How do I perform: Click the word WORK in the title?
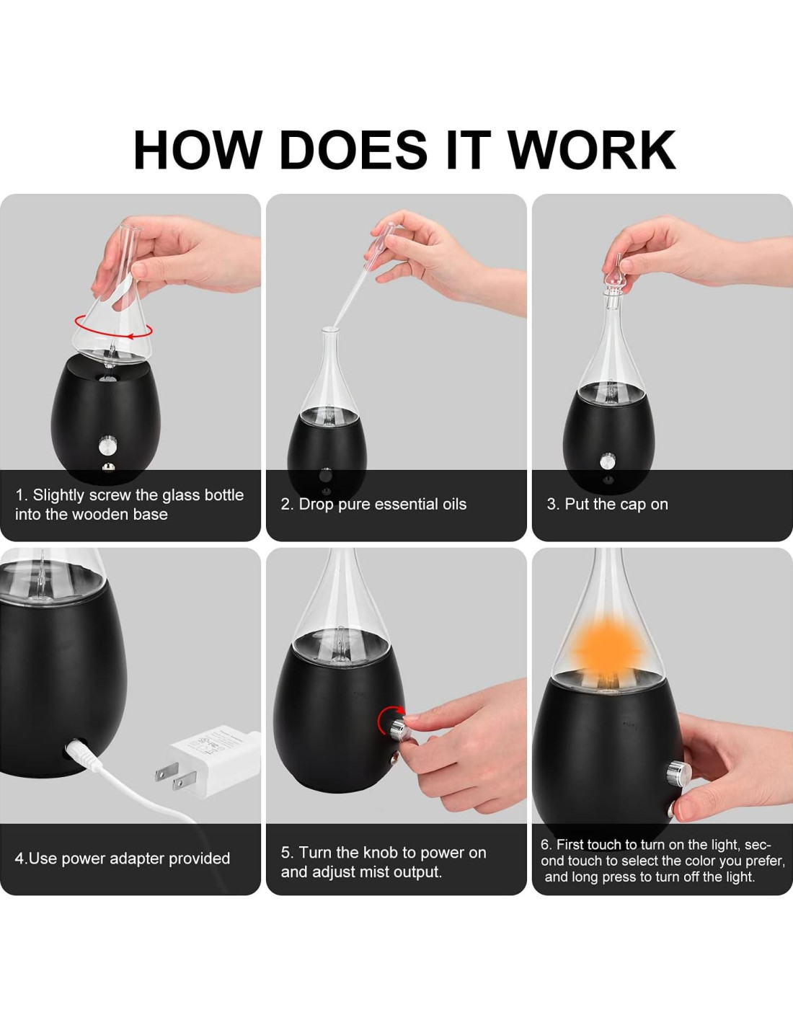point(593,149)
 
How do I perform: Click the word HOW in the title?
point(198,149)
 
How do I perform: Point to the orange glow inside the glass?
point(608,651)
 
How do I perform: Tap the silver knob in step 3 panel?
point(607,460)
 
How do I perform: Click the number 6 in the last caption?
point(545,845)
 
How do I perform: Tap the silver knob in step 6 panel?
point(678,772)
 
